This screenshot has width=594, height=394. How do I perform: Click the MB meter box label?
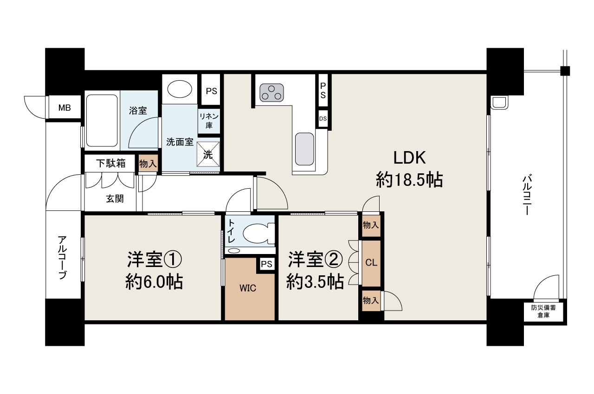[65, 108]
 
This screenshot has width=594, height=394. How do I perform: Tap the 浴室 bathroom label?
[138, 110]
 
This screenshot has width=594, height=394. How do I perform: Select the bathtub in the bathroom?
[102, 121]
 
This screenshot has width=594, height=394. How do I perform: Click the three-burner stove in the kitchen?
[271, 93]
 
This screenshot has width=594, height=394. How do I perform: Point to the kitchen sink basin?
[304, 149]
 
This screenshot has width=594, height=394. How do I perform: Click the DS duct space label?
[323, 119]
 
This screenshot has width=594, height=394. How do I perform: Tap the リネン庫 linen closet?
[209, 121]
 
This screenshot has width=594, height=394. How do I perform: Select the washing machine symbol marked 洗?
[208, 154]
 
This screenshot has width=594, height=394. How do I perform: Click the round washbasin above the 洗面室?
[180, 89]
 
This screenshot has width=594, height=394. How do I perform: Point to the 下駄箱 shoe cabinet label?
[111, 163]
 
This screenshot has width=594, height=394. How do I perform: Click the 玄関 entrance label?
[115, 198]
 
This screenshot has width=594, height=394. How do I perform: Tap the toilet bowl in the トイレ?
[258, 234]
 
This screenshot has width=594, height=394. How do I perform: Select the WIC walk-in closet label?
[248, 288]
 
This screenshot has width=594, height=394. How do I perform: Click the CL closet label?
[371, 262]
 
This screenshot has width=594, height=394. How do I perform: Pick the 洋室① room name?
[155, 259]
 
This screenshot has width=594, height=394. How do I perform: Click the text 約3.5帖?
[315, 281]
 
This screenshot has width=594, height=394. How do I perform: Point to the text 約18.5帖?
[409, 180]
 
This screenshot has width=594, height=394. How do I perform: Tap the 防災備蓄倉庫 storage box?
[543, 311]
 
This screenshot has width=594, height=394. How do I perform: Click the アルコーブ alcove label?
[62, 257]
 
